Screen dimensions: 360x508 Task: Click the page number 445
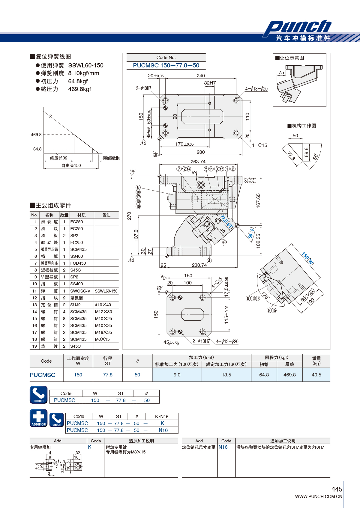(337, 489)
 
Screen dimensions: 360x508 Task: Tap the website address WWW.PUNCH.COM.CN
(319, 497)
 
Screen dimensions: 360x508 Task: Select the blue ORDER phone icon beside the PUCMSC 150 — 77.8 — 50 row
(39, 395)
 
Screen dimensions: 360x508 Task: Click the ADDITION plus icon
(39, 418)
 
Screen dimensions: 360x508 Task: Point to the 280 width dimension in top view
(201, 152)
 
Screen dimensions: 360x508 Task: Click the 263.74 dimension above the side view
(198, 162)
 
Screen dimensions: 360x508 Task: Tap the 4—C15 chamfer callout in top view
(259, 145)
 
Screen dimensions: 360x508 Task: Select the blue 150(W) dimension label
(308, 258)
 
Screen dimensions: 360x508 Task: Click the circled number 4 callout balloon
(209, 261)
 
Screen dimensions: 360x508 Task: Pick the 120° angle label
(265, 296)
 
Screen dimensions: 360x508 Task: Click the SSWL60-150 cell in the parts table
(106, 291)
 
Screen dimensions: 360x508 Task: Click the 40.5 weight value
(316, 375)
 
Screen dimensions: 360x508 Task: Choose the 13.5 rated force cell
(226, 375)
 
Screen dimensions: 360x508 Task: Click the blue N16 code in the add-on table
(223, 447)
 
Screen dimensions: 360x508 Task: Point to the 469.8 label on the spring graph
(36, 135)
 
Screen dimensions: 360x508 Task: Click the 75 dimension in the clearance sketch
(281, 72)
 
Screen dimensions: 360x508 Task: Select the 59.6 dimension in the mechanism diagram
(306, 152)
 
